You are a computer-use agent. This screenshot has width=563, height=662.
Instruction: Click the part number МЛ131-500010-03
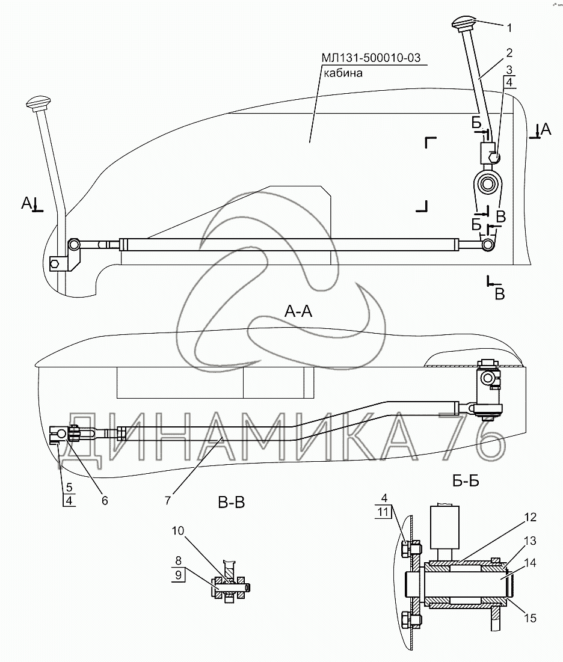[x=371, y=57]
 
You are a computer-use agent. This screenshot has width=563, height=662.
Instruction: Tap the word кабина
[x=343, y=73]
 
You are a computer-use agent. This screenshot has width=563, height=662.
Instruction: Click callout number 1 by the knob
[x=509, y=28]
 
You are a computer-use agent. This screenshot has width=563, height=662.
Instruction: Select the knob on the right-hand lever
[x=465, y=22]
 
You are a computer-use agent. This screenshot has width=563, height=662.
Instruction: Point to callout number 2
[x=509, y=53]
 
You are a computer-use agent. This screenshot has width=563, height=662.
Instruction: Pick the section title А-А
[x=298, y=311]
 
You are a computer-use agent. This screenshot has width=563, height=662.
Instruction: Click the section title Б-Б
[x=466, y=480]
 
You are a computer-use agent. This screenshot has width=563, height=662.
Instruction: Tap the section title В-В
[x=232, y=503]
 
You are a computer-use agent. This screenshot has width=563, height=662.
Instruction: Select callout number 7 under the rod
[x=168, y=500]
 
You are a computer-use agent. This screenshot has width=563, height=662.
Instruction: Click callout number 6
[x=104, y=500]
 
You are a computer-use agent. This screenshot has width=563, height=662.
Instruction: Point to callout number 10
[x=178, y=530]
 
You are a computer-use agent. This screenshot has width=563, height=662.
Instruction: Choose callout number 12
[x=530, y=517]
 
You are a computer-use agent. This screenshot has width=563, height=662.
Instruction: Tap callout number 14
[x=530, y=563]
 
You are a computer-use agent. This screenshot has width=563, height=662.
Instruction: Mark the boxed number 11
[x=383, y=512]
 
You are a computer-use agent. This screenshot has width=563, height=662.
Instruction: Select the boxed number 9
[x=178, y=575]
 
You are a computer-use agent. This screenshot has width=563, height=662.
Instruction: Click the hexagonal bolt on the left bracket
[x=55, y=265]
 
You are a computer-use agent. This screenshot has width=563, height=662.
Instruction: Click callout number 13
[x=530, y=541]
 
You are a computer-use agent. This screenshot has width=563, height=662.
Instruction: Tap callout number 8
[x=178, y=560]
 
